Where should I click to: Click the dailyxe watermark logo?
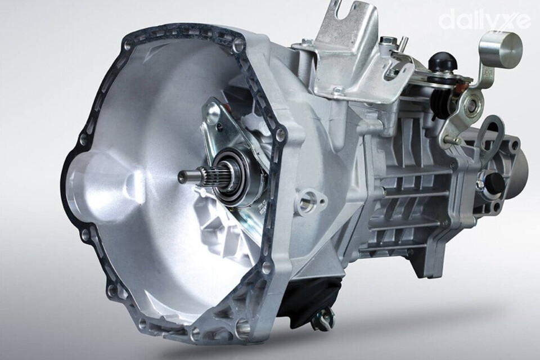tap(484, 20)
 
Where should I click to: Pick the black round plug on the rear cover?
tap(494, 182)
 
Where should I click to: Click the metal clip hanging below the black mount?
tap(325, 322)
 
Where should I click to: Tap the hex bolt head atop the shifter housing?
tap(388, 43)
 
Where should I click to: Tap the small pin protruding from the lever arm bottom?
tap(449, 138)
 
